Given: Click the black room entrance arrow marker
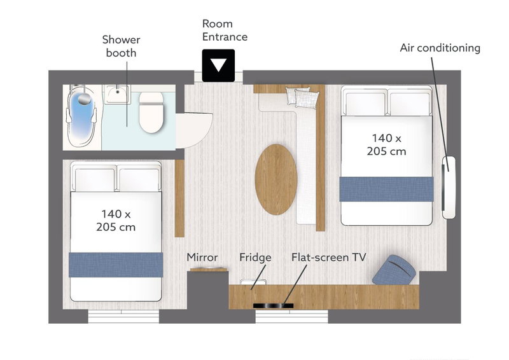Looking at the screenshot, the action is [x=218, y=66].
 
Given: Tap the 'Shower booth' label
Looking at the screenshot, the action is [x=121, y=46].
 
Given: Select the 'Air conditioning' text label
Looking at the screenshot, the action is [x=440, y=48].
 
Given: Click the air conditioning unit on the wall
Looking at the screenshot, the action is [x=449, y=187].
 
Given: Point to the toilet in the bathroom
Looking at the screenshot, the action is [x=151, y=112].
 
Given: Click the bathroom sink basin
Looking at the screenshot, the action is [x=116, y=93].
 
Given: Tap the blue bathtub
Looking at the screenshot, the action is [x=81, y=117].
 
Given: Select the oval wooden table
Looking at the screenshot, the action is [x=276, y=179].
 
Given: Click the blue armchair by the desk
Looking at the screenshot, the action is [x=394, y=270].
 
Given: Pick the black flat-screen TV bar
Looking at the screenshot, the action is [x=274, y=305].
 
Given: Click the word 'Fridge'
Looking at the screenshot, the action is [x=255, y=258].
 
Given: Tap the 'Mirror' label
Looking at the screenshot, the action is [x=202, y=258].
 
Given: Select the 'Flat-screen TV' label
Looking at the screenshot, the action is [x=328, y=258].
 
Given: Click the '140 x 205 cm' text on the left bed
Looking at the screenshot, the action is [x=116, y=221].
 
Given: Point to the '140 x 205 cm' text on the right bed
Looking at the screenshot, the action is [x=387, y=145].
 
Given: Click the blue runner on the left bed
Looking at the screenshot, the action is [x=116, y=265].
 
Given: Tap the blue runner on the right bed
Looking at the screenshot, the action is [x=387, y=189].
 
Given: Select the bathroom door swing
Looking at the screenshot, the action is [x=194, y=130].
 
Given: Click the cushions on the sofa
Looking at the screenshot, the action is [x=302, y=97].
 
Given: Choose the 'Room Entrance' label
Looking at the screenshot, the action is [x=225, y=30].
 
